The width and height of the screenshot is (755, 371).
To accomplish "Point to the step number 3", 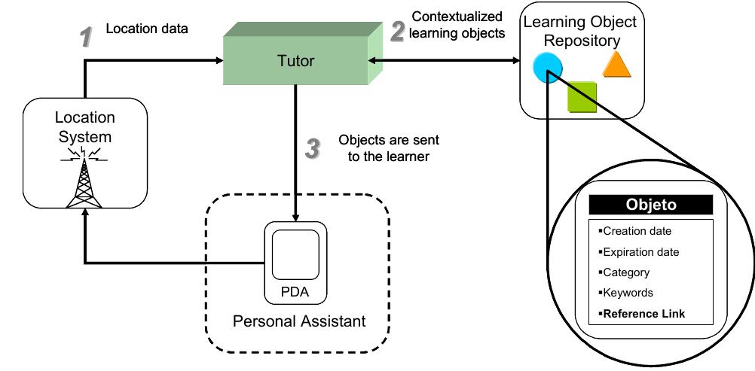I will (313, 148).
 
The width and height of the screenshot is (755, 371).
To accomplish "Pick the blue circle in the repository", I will (546, 68).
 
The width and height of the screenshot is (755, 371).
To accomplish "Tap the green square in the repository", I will (582, 97).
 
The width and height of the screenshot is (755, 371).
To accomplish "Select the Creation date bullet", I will (637, 231).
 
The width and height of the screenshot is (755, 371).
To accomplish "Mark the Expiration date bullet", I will (640, 252).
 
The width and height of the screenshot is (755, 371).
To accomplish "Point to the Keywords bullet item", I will (628, 293).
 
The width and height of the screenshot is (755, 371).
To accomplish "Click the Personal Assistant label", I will (299, 321).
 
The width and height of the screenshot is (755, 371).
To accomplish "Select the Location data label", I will (146, 29).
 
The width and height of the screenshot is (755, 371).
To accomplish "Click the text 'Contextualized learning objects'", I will (458, 25).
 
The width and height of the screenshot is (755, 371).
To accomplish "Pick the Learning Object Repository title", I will (580, 31).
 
